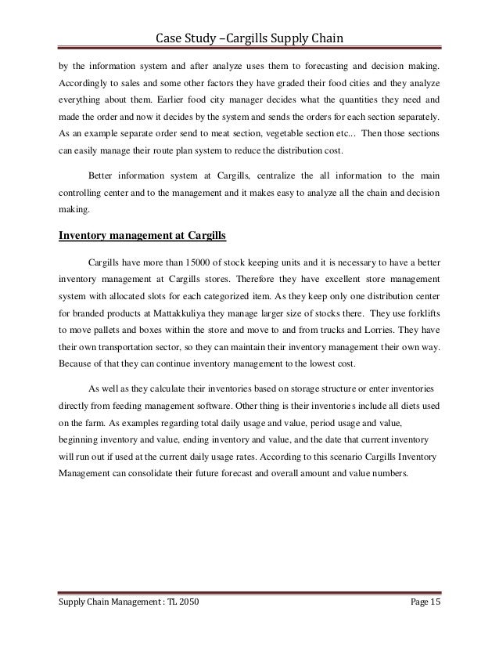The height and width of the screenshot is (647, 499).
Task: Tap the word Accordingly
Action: [85, 82]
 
